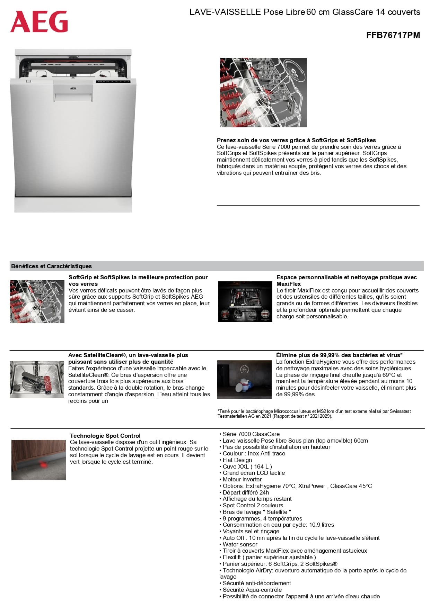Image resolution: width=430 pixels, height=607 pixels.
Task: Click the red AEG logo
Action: tap(39, 21)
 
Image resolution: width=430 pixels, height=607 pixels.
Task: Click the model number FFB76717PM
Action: tap(393, 35)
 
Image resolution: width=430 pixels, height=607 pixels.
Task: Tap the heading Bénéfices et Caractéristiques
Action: tap(52, 266)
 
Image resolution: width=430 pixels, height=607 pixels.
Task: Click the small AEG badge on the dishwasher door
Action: tap(73, 89)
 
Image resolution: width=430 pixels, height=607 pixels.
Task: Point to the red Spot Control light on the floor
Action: tap(44, 465)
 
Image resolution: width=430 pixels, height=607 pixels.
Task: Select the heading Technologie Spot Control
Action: tap(105, 436)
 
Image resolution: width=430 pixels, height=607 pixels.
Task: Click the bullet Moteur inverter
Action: tap(242, 479)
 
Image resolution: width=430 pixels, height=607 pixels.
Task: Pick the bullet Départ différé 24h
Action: tap(246, 492)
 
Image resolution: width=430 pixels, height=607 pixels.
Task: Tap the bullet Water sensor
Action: tap(240, 544)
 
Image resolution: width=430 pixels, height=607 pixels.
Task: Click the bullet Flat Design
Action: tap(237, 460)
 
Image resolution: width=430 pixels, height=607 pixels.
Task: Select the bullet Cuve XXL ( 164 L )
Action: tap(247, 466)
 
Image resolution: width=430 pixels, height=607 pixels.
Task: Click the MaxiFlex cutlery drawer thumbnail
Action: tap(245, 301)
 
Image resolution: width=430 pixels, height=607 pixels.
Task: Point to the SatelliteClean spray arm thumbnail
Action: tap(37, 379)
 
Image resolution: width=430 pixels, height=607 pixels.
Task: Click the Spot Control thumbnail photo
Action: tap(38, 460)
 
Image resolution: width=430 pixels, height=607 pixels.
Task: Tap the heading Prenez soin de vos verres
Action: tap(296, 140)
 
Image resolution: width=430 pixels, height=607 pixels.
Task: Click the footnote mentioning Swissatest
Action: tap(314, 414)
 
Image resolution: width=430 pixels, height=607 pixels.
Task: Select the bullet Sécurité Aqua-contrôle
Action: tap(252, 590)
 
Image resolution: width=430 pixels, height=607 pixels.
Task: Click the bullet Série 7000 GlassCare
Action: tap(251, 434)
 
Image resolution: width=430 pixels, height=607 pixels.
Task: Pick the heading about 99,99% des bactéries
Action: tap(339, 355)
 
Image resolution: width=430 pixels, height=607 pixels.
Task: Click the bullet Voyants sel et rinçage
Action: tap(251, 531)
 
